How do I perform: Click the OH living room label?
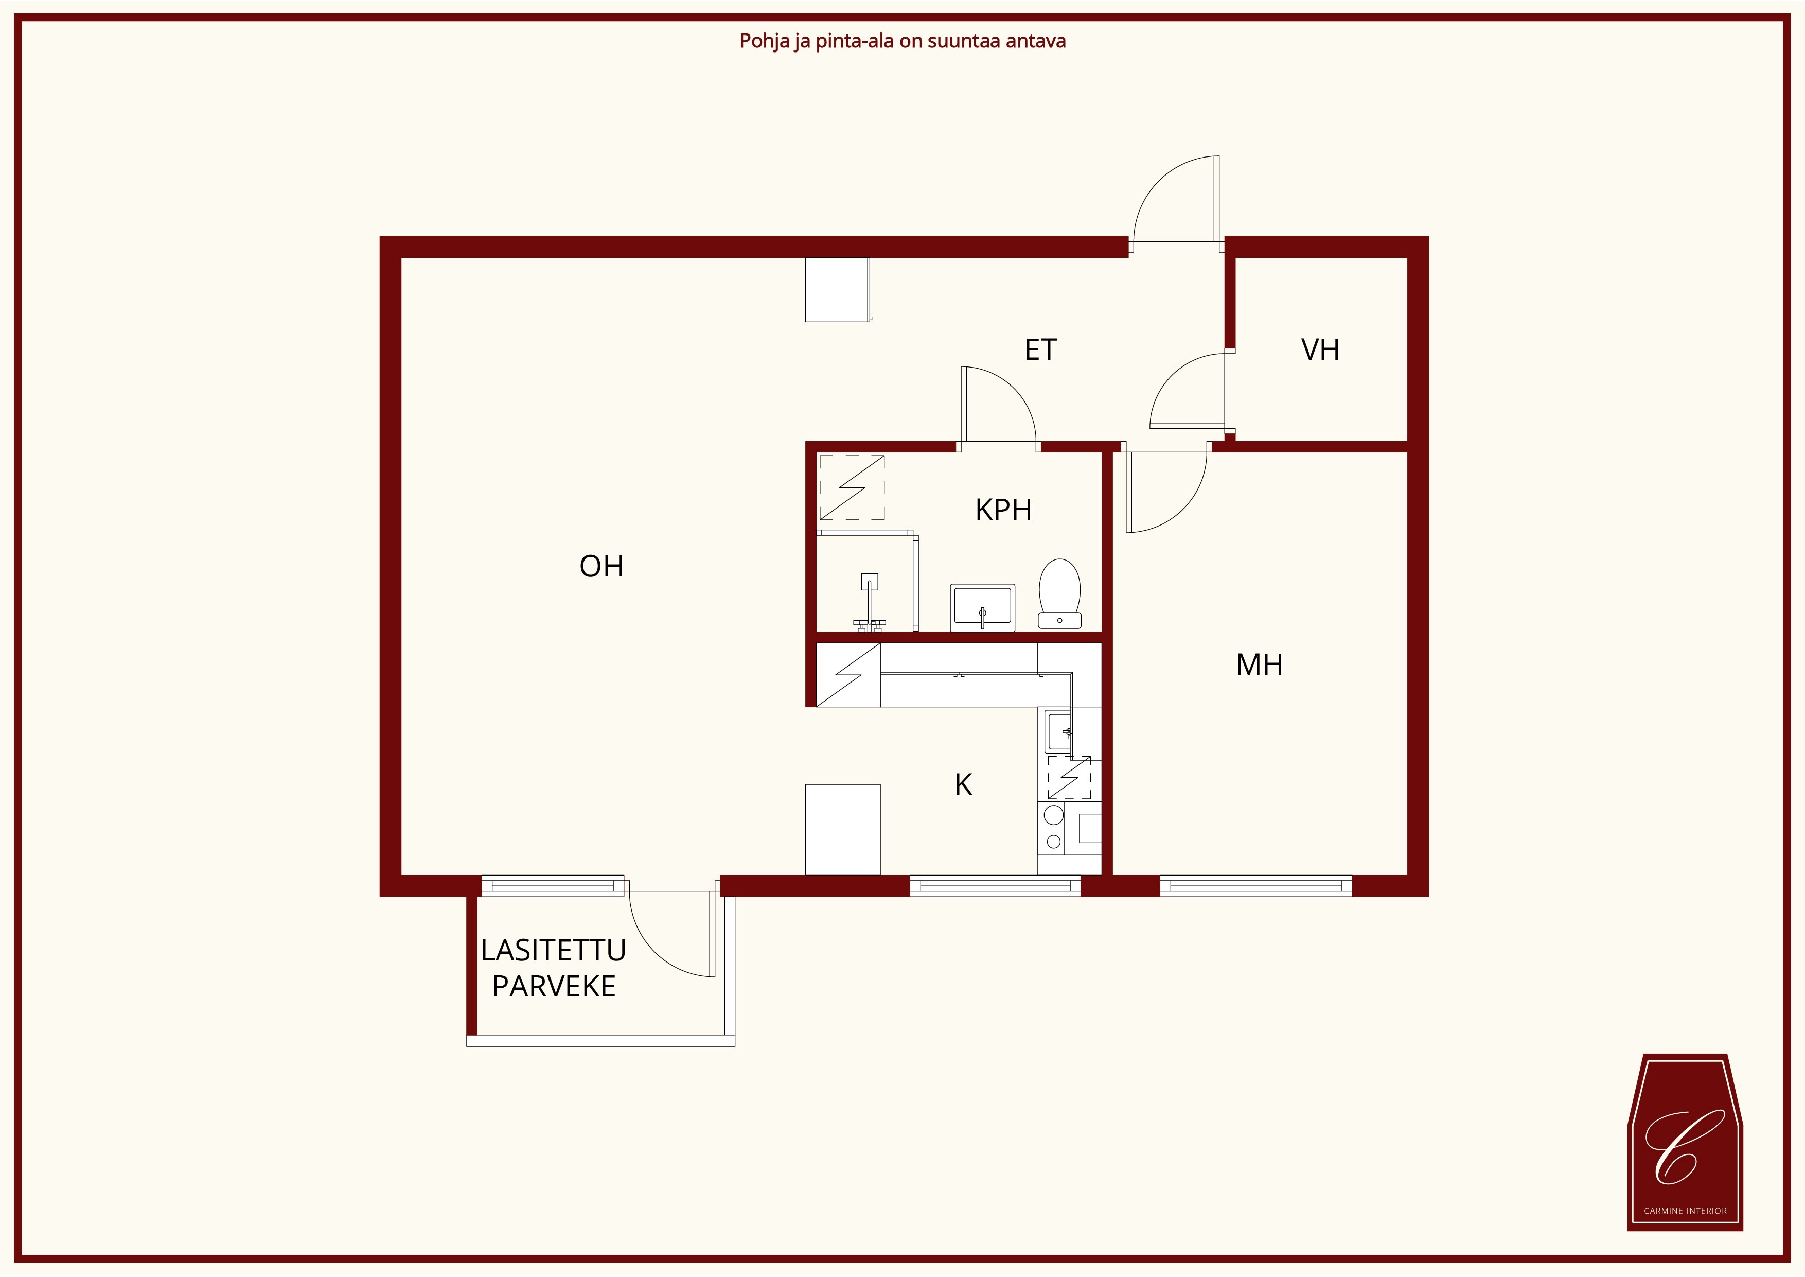(601, 566)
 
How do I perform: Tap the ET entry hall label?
(1041, 350)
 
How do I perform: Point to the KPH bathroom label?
(1003, 510)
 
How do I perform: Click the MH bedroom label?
(1260, 665)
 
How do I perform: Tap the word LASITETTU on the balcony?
(554, 951)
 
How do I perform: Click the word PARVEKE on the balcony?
(554, 986)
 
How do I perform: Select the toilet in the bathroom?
(1060, 593)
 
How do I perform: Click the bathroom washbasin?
(983, 607)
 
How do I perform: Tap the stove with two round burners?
(1054, 828)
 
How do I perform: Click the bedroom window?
(1257, 886)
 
